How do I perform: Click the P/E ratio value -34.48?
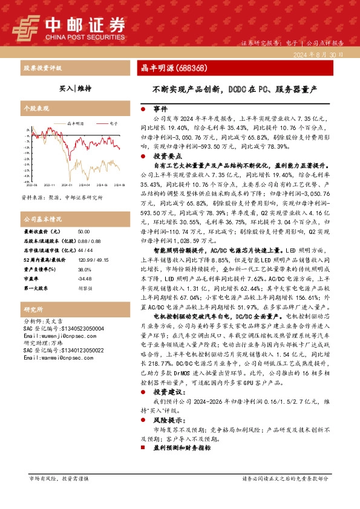(x=85, y=279)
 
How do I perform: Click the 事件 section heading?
(x=160, y=109)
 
